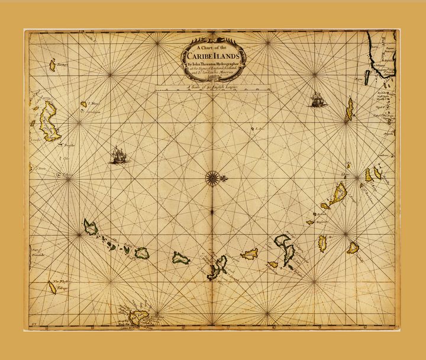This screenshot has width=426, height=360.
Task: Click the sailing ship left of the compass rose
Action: (118, 155)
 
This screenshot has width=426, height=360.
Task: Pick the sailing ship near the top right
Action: (318, 99)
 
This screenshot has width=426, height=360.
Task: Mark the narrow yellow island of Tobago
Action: (52, 287)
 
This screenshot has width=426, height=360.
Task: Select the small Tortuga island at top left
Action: (52, 65)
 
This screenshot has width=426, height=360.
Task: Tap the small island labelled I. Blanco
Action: (83, 104)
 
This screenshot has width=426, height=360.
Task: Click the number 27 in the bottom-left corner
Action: (34, 323)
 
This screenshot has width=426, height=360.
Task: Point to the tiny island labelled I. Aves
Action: (253, 128)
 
